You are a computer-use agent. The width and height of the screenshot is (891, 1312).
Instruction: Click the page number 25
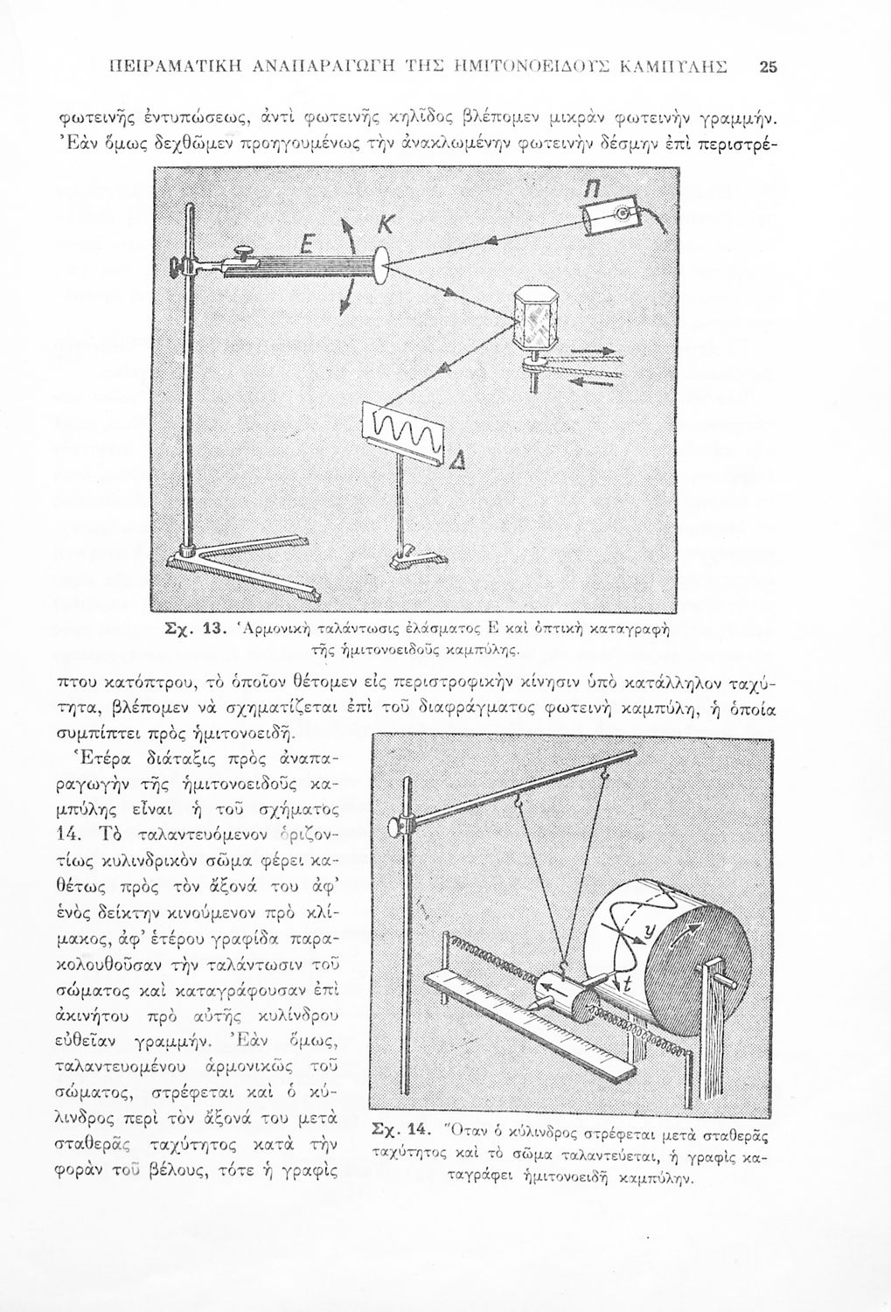(x=769, y=64)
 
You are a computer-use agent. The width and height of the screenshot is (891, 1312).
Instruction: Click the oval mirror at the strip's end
(x=382, y=265)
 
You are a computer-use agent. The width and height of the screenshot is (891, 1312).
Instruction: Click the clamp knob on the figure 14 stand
(x=403, y=822)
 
